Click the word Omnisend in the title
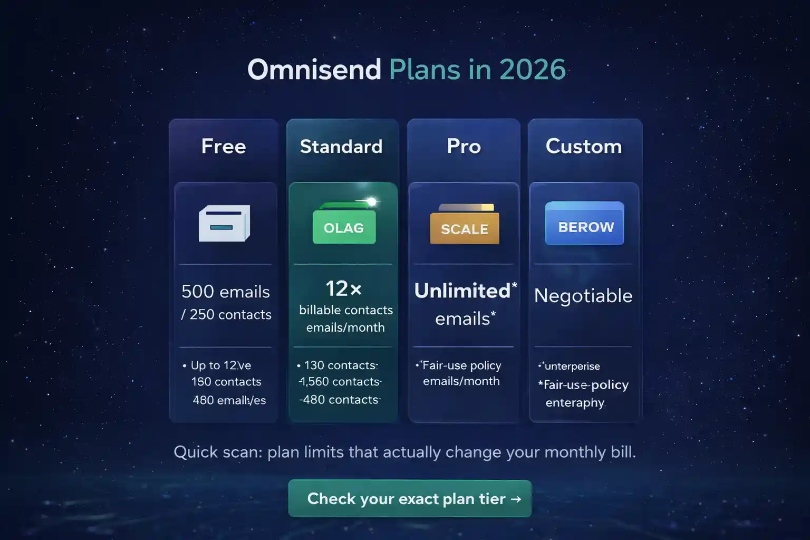click(314, 70)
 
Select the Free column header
click(224, 146)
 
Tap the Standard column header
click(341, 146)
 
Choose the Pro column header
click(464, 146)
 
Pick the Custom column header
click(584, 146)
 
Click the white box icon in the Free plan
click(224, 223)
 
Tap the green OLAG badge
click(344, 228)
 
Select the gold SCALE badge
click(465, 229)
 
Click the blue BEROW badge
click(585, 227)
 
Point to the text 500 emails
click(226, 292)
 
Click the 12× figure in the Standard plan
click(343, 288)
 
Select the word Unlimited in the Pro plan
click(462, 291)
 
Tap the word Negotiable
click(583, 296)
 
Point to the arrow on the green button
click(516, 498)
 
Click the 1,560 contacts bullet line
click(340, 382)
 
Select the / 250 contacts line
click(226, 315)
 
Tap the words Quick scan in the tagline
click(217, 452)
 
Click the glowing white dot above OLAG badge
click(372, 201)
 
